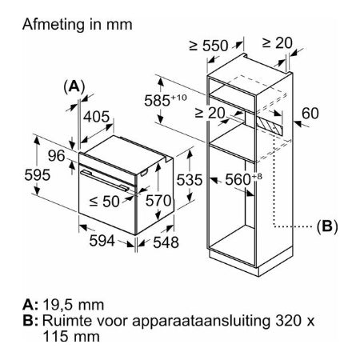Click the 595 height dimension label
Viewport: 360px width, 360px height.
click(x=38, y=175)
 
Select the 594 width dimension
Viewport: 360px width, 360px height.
click(x=102, y=241)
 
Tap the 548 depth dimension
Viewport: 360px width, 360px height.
click(x=166, y=242)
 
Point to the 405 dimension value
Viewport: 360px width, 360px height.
click(x=96, y=117)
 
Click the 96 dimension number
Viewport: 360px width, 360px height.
click(x=57, y=155)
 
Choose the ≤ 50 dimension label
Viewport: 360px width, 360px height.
click(x=105, y=201)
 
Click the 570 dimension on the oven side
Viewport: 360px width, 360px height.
click(x=158, y=201)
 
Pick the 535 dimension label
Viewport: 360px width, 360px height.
click(x=190, y=180)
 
